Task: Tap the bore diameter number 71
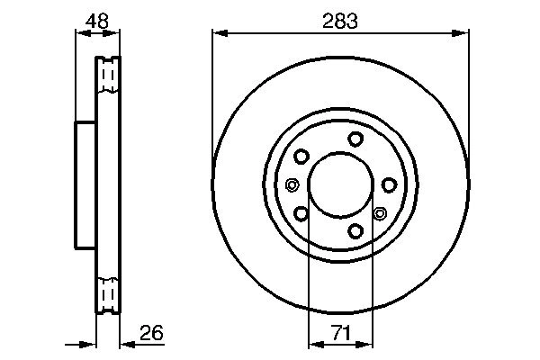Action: [340, 334]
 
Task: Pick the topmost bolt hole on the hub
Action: [356, 138]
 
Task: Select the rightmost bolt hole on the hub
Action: [389, 184]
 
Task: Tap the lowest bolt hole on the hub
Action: [356, 231]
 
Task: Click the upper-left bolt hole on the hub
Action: [301, 157]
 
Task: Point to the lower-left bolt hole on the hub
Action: [301, 213]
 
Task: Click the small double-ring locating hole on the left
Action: [291, 185]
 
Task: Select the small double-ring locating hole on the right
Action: [379, 213]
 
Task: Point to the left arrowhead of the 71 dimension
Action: [313, 344]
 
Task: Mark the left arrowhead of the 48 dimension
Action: [78, 33]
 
